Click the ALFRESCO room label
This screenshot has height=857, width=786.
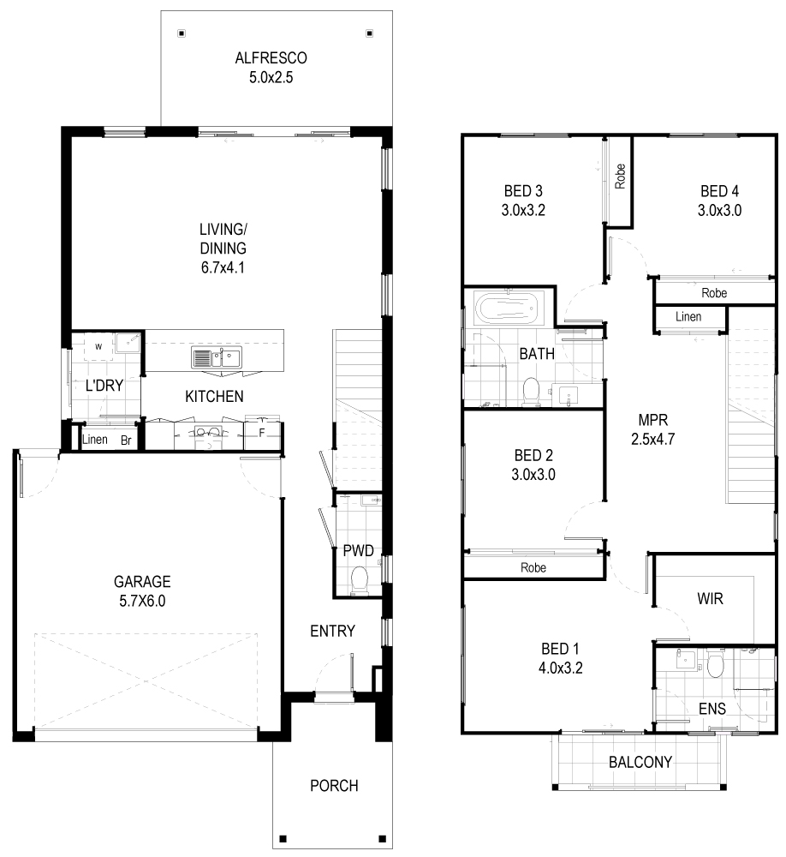271,58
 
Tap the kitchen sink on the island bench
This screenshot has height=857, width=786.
217,357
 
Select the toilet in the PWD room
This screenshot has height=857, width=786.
360,580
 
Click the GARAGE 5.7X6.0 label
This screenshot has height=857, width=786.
142,591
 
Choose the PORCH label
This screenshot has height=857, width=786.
334,786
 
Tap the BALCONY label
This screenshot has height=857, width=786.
640,762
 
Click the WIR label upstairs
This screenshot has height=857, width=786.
710,599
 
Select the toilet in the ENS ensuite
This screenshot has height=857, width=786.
715,664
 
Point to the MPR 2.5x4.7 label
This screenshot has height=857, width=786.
653,429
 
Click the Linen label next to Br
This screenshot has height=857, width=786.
94,440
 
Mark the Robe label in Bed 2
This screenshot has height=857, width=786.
533,568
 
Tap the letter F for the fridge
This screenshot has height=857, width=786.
262,434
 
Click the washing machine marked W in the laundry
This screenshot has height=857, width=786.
98,346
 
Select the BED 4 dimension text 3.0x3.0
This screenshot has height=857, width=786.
719,211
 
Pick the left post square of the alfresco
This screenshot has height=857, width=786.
182,33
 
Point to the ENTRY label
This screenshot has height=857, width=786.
333,632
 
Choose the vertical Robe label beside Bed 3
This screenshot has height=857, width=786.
620,177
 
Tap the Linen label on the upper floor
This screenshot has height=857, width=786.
688,316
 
